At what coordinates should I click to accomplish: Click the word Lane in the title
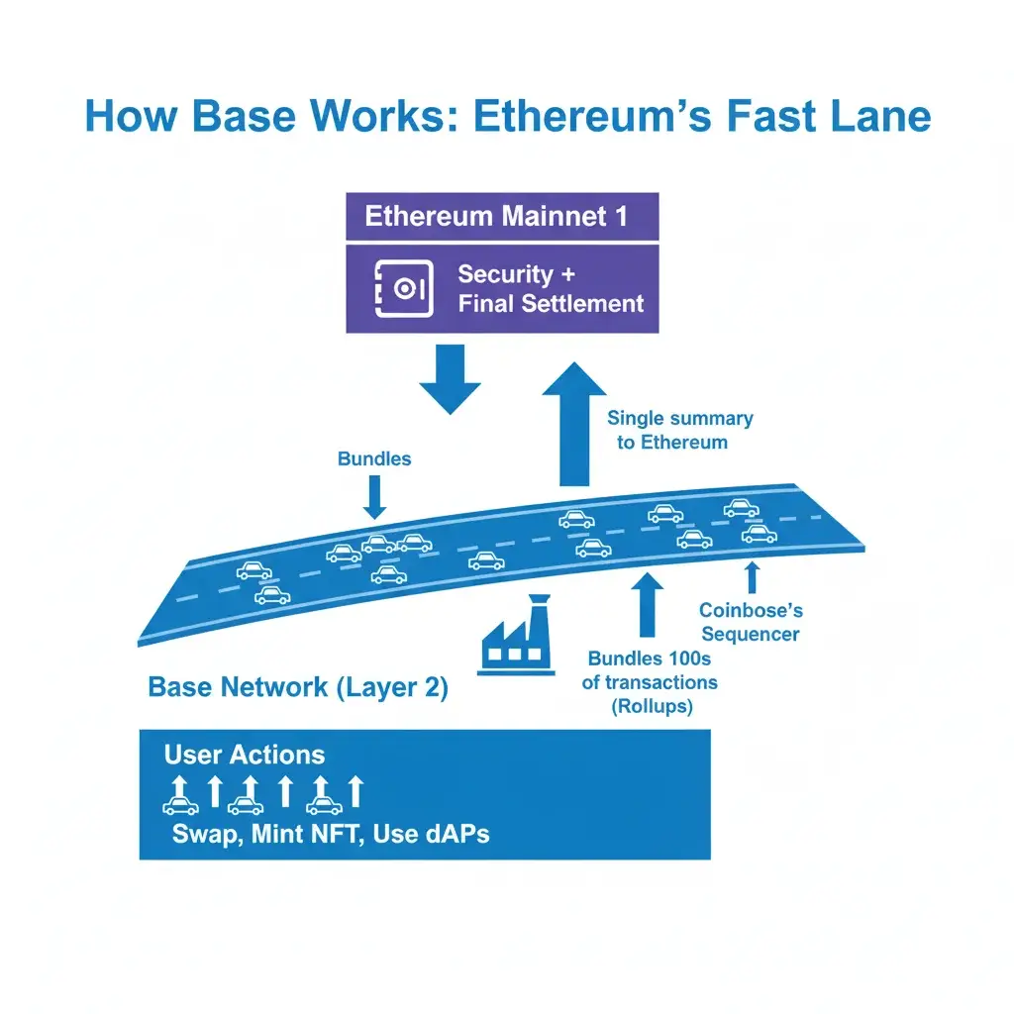click(x=875, y=116)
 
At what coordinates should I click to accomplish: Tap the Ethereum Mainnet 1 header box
click(x=501, y=217)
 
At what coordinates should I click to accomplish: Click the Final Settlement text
click(x=551, y=303)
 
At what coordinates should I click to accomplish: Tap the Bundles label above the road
click(x=374, y=458)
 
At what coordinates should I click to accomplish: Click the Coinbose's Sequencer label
click(x=749, y=622)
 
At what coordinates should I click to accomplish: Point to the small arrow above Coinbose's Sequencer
click(x=752, y=576)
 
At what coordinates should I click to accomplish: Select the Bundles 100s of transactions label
click(x=652, y=681)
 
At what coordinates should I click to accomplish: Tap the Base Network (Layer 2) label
click(x=297, y=687)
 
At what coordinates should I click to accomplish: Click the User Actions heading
click(x=244, y=756)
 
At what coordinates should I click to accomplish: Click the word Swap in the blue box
click(x=204, y=834)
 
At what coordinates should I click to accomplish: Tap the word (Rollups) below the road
click(x=651, y=706)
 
